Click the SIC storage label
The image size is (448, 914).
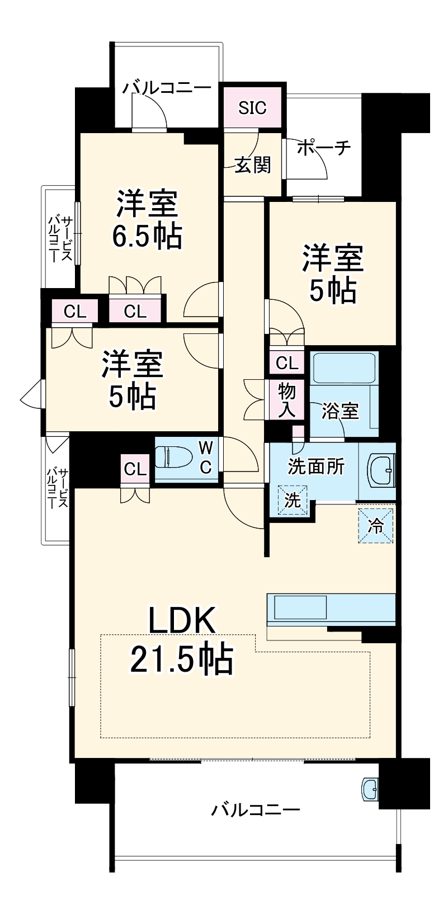pyautogui.click(x=252, y=107)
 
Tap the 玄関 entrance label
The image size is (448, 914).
pyautogui.click(x=252, y=164)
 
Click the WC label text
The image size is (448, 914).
pyautogui.click(x=206, y=457)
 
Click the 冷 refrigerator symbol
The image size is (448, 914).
pyautogui.click(x=376, y=525)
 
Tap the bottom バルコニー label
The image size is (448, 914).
pyautogui.click(x=255, y=809)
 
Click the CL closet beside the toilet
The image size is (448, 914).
pyautogui.click(x=134, y=469)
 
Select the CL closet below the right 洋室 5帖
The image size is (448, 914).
pyautogui.click(x=287, y=363)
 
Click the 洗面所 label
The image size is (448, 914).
pyautogui.click(x=316, y=466)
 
